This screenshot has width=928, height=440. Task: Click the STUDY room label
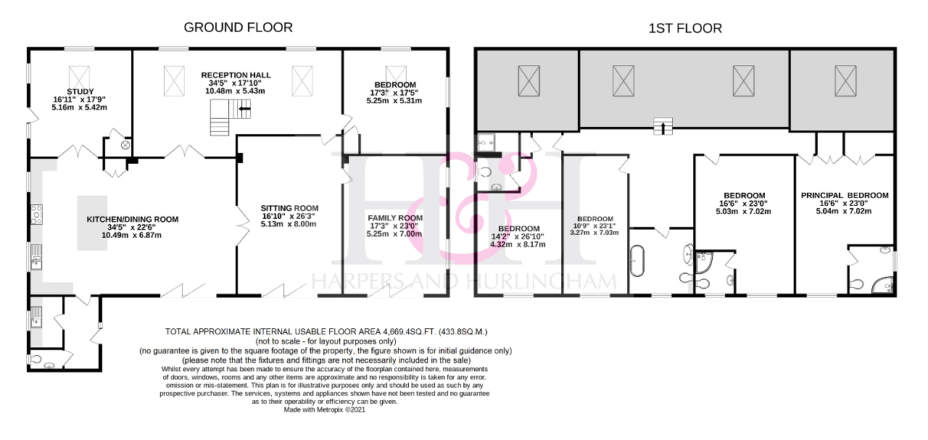point(80,91)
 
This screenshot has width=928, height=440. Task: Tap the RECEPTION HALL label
point(236,75)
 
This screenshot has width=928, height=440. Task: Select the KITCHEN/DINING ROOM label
point(132,219)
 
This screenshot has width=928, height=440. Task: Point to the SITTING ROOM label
point(289,208)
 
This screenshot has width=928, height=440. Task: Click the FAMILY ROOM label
point(395,218)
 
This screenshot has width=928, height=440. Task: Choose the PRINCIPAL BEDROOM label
point(845,195)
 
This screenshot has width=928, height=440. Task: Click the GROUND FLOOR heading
point(238,28)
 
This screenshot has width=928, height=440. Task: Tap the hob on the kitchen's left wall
point(36,214)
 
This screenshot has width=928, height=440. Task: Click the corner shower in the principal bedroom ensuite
point(882,286)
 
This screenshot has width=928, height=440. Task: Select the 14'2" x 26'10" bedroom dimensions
point(518,236)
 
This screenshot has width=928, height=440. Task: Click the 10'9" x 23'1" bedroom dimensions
point(595,226)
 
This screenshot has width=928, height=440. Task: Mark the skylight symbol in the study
point(79,75)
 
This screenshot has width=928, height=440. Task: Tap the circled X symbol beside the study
point(125,145)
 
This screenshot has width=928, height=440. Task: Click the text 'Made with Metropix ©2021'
point(325,410)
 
